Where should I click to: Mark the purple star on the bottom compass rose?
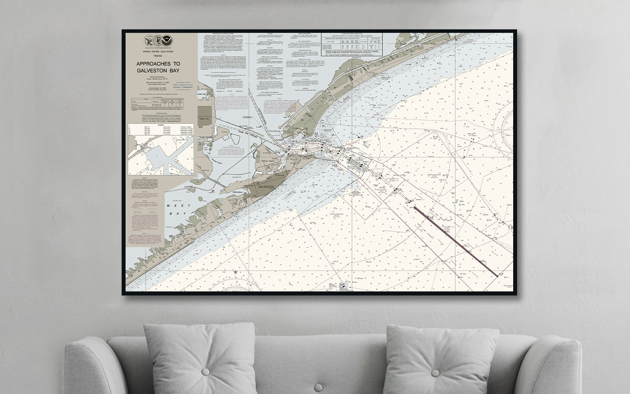tap(236, 272)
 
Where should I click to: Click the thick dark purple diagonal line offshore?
tap(455, 241)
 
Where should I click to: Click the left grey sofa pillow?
tap(199, 353)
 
